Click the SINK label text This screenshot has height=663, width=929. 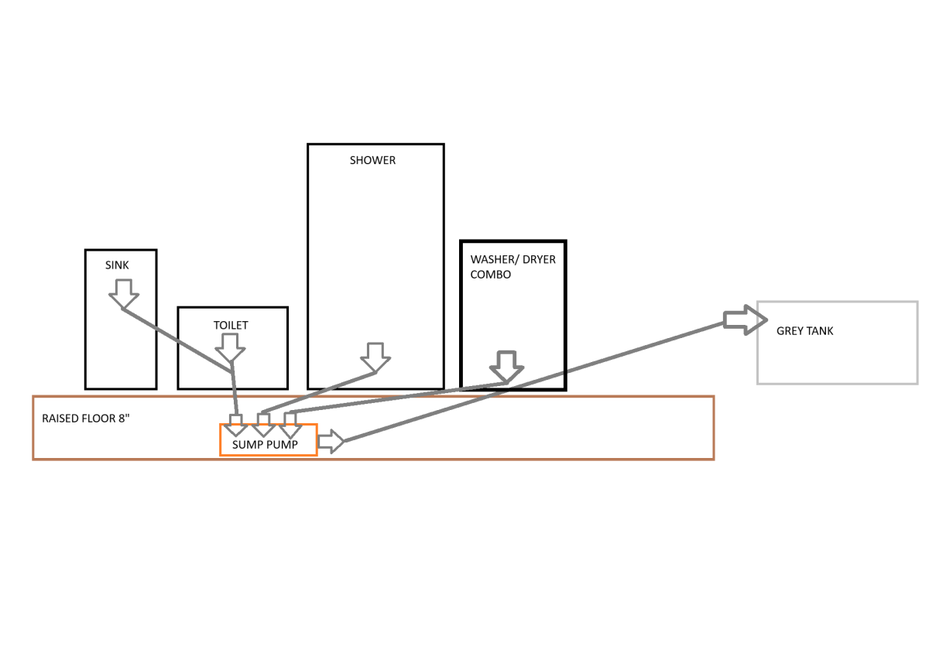point(117,265)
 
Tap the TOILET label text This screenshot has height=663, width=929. point(231,325)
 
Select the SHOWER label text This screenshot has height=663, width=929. point(372,160)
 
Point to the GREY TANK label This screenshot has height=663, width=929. point(804,331)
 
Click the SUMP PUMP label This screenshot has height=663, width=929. point(263,445)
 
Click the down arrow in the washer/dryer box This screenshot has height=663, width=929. point(506,367)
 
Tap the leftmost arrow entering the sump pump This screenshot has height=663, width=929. point(235,425)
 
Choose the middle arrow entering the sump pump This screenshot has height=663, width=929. point(263,425)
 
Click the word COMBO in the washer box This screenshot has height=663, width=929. point(491,275)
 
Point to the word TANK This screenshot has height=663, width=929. point(819,331)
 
